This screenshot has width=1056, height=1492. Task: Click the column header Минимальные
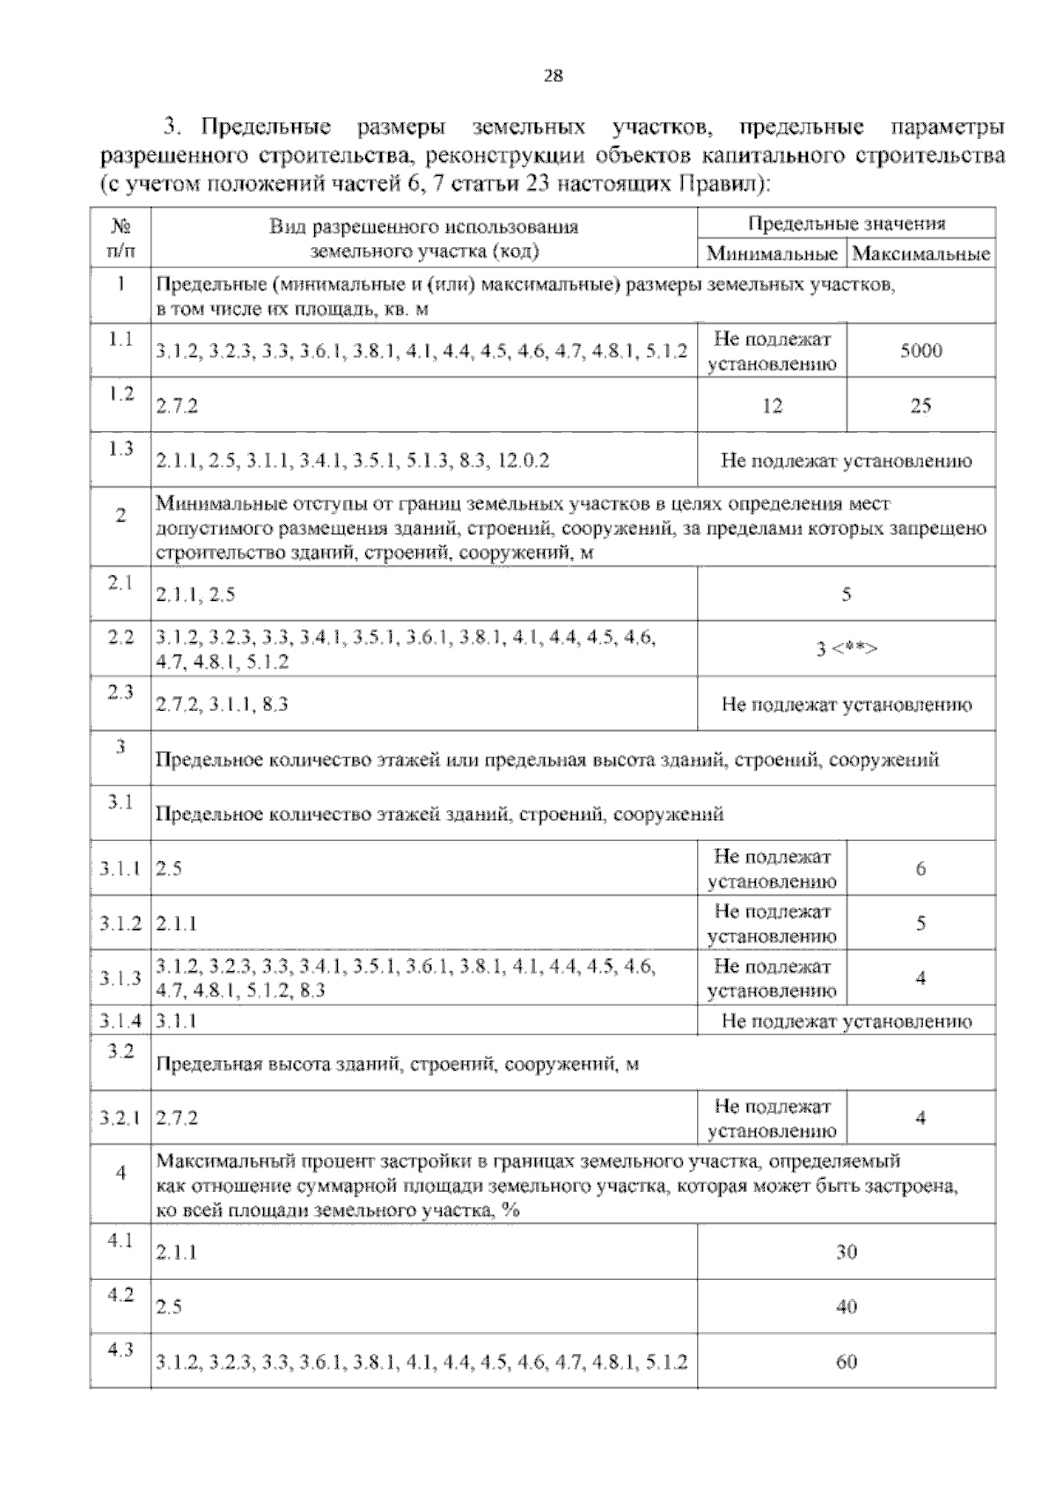pyautogui.click(x=772, y=255)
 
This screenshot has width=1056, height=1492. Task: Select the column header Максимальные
pyautogui.click(x=920, y=255)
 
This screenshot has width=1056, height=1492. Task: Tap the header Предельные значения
pyautogui.click(x=846, y=223)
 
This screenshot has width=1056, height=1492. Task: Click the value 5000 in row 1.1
pyautogui.click(x=920, y=351)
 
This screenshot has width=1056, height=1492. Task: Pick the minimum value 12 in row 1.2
pyautogui.click(x=772, y=406)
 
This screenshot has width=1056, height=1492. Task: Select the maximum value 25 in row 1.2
pyautogui.click(x=920, y=406)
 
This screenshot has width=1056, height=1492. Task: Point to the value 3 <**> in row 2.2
pyautogui.click(x=846, y=649)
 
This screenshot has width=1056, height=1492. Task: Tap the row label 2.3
pyautogui.click(x=121, y=692)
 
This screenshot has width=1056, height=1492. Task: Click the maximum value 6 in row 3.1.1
pyautogui.click(x=920, y=869)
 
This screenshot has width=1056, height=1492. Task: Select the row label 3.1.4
pyautogui.click(x=121, y=1021)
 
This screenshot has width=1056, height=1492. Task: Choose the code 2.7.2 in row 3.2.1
pyautogui.click(x=177, y=1119)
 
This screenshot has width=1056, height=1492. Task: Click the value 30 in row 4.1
pyautogui.click(x=846, y=1252)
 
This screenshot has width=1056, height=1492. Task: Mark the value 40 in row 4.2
pyautogui.click(x=846, y=1307)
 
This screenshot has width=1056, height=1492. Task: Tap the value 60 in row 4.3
pyautogui.click(x=846, y=1363)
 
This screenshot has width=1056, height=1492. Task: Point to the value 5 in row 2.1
pyautogui.click(x=846, y=595)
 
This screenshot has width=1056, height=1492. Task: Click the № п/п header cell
pyautogui.click(x=121, y=238)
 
